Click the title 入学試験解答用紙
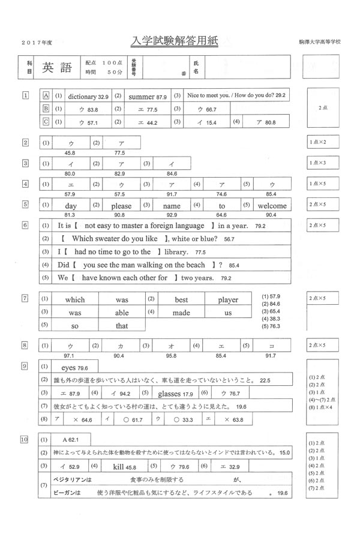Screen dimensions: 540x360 pos(175,41)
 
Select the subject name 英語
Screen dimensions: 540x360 pos(57,68)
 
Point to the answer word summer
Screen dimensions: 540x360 pos(142,96)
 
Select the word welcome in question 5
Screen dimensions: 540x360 pos(272,206)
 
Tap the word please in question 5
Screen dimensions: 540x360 pos(121,206)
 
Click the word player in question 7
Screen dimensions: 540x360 pos(227,299)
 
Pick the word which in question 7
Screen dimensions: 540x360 pos(75,299)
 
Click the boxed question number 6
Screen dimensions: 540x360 pos(25,225)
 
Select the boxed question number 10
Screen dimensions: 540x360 pos(25,440)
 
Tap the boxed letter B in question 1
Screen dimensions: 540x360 pos(45,109)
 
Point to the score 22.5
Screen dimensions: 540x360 pos(265,380)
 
